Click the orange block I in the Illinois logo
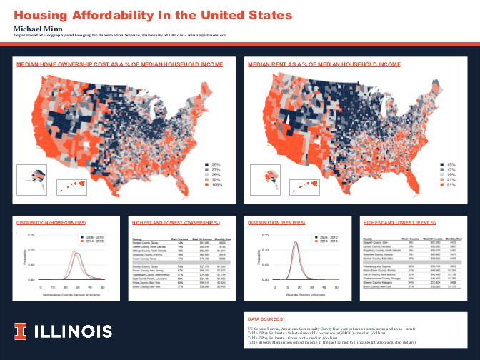point(22,331)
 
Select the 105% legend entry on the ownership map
point(212,184)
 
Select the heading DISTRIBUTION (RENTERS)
point(275,223)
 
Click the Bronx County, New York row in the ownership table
point(149,287)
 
